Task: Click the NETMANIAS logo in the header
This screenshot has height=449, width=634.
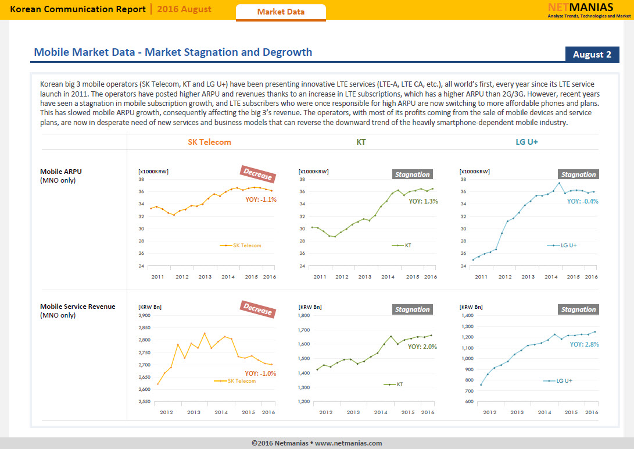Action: point(589,10)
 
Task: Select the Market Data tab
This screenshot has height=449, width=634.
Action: point(281,12)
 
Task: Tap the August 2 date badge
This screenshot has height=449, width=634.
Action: point(592,55)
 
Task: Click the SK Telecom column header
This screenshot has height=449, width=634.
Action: point(209,142)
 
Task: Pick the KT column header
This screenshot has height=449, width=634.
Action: point(361,142)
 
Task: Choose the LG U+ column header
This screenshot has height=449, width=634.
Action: point(527,142)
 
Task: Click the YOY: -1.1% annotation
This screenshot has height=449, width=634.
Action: point(261,199)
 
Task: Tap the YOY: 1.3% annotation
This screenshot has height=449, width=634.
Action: point(423,201)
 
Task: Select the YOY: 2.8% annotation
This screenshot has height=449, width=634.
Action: point(584,344)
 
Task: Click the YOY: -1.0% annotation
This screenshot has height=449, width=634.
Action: point(260,373)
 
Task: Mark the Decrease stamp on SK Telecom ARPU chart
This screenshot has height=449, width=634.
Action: point(258,174)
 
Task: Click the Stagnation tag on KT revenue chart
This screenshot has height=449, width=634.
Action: point(413,309)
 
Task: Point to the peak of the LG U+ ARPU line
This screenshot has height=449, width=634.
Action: point(559,183)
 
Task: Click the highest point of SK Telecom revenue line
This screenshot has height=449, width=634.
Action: point(205,333)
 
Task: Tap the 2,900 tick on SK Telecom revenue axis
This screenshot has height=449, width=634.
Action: point(144,315)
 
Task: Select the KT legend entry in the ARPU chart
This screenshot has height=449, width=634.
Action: point(402,245)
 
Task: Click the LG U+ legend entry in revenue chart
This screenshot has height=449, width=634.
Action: point(557,381)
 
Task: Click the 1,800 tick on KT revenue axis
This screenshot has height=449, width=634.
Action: point(304,315)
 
